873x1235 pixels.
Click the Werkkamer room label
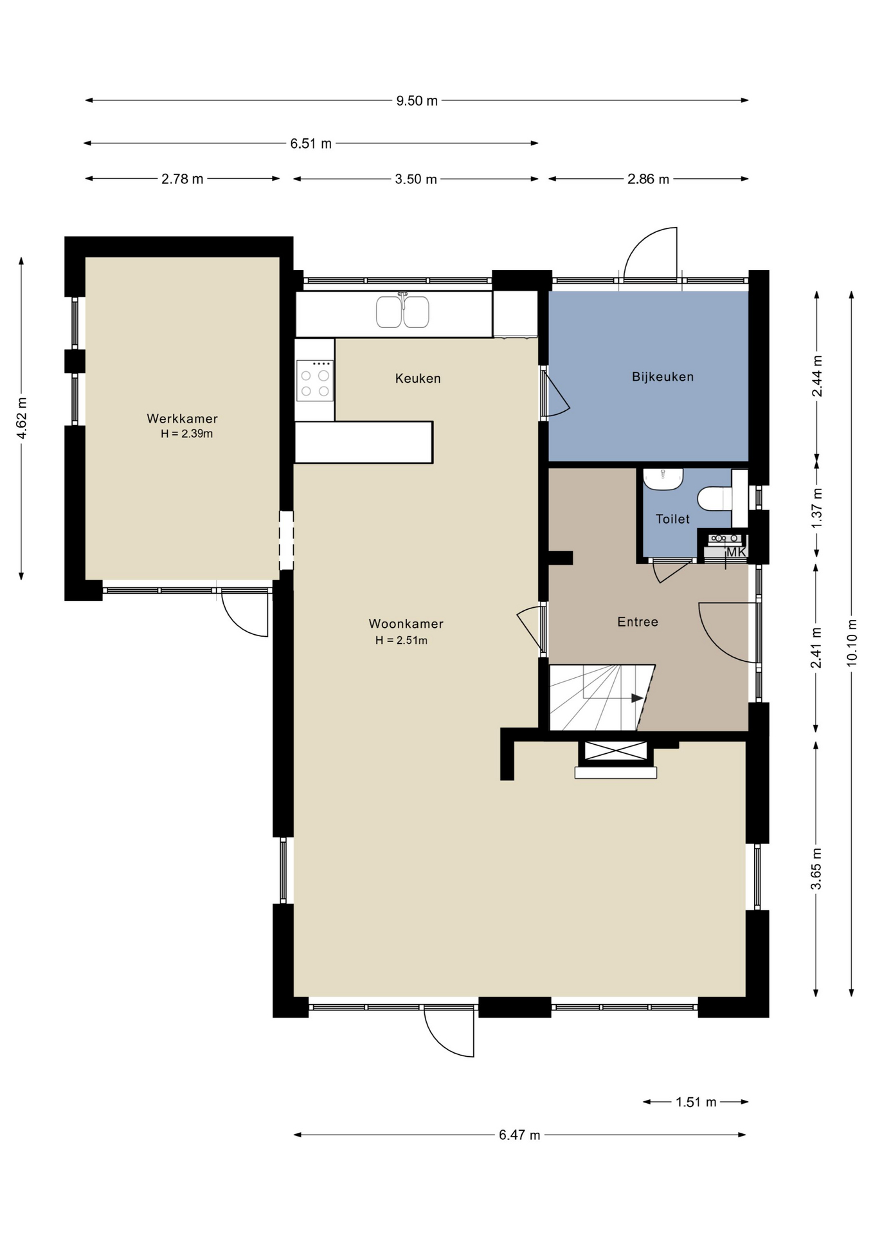click(183, 419)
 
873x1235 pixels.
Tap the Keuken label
click(418, 378)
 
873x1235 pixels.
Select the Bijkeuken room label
click(663, 377)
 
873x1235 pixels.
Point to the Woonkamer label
click(406, 624)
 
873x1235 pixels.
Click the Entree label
click(638, 622)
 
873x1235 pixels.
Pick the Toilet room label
click(672, 519)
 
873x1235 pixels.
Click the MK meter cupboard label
click(736, 552)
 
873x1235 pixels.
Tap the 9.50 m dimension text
click(417, 101)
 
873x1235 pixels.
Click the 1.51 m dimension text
click(696, 1102)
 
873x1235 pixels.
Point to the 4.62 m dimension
click(22, 419)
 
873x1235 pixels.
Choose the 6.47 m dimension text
click(519, 1135)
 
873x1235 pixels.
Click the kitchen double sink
click(403, 311)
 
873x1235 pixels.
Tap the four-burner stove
click(315, 381)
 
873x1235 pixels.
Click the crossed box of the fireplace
click(616, 751)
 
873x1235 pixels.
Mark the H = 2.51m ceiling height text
click(402, 641)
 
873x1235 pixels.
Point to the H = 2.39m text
click(187, 434)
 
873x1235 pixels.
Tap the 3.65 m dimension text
click(817, 870)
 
